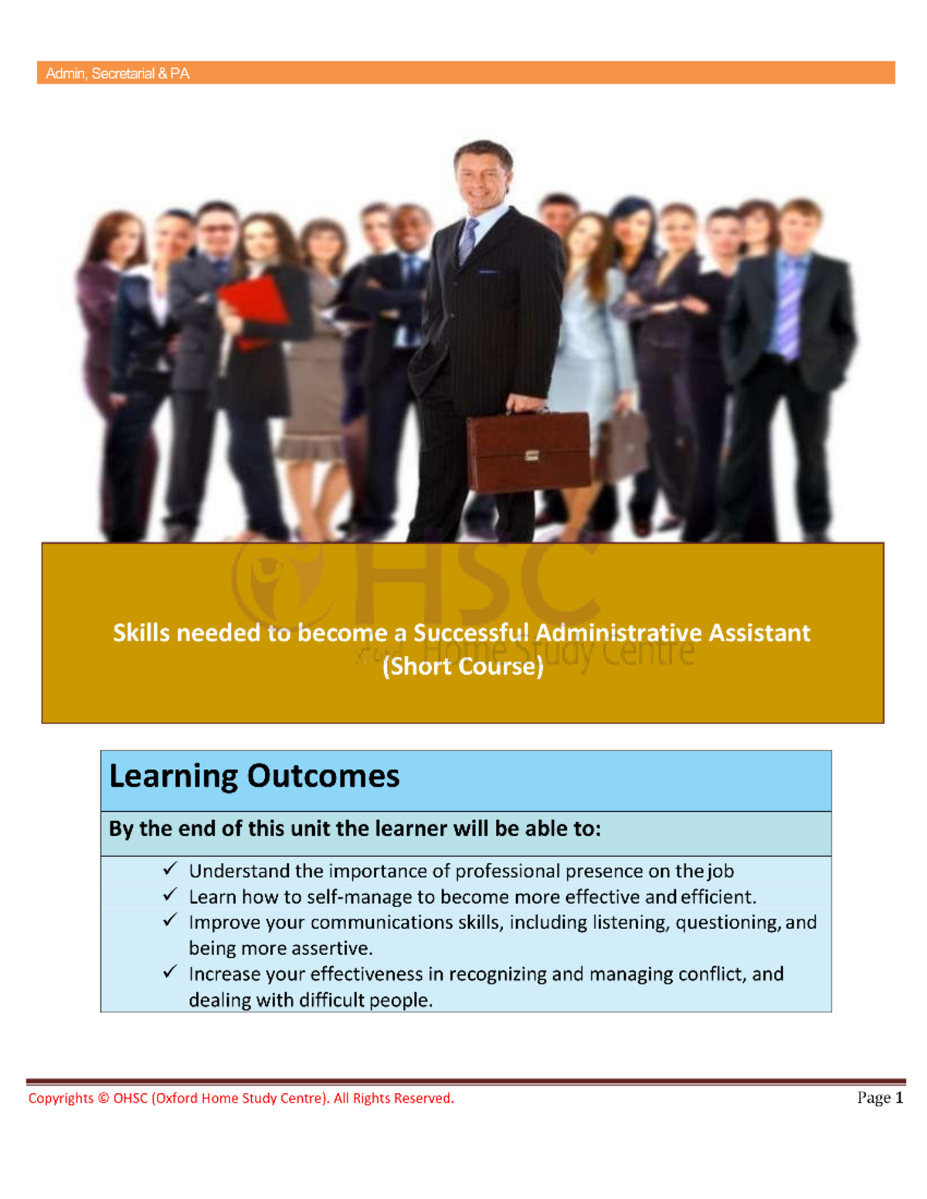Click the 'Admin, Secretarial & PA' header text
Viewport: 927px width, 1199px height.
point(117,73)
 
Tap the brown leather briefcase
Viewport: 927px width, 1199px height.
point(528,452)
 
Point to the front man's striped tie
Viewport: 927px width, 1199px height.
point(468,240)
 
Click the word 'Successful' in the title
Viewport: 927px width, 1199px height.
point(471,633)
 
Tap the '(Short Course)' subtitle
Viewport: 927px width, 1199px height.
point(463,666)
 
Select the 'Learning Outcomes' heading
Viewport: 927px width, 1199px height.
point(254,776)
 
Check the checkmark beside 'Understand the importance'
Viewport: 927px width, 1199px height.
point(170,869)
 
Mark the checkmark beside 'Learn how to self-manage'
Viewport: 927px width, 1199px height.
point(170,895)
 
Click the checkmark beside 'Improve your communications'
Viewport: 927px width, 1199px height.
point(170,920)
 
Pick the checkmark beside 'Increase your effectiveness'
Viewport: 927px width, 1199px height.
point(170,972)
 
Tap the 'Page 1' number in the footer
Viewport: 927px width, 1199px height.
point(880,1098)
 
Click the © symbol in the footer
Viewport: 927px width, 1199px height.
point(104,1099)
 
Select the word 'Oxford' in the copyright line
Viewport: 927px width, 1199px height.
point(175,1099)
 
